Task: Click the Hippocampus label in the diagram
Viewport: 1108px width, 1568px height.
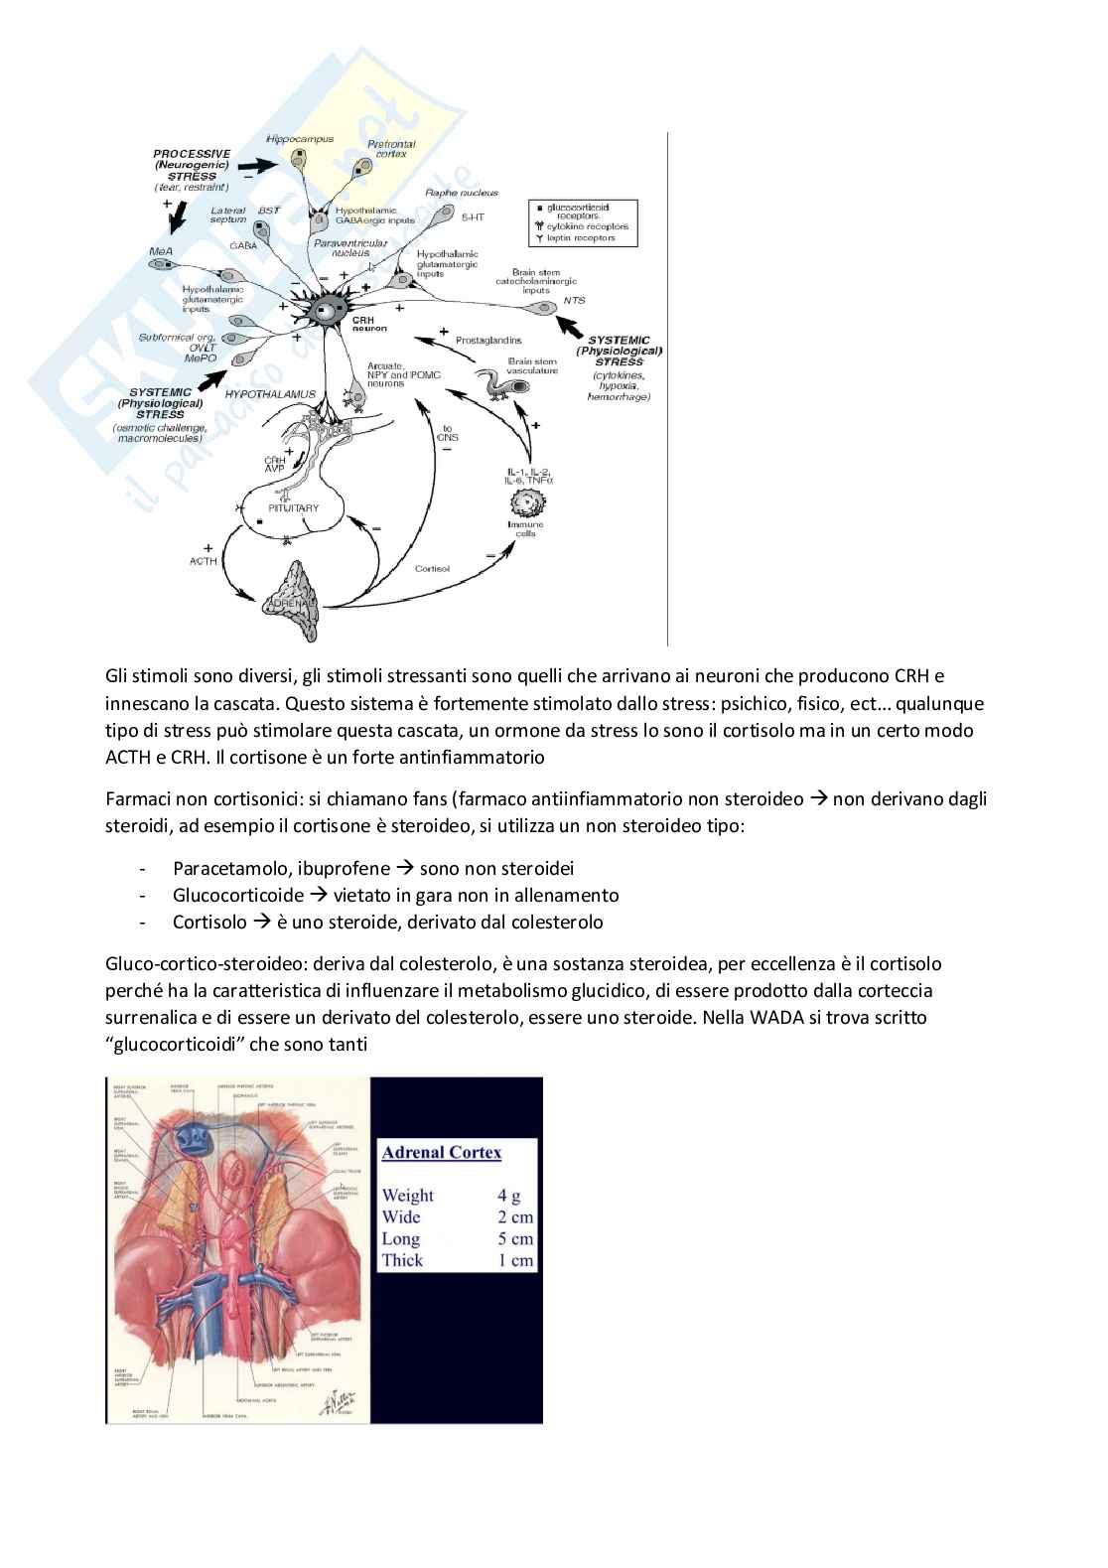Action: pyautogui.click(x=300, y=140)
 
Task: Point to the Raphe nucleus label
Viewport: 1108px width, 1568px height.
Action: pyautogui.click(x=462, y=193)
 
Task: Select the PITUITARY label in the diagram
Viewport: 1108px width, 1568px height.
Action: pyautogui.click(x=294, y=508)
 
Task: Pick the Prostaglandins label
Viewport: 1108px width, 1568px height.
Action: pyautogui.click(x=488, y=341)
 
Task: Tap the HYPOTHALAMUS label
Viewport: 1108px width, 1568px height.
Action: pyautogui.click(x=270, y=394)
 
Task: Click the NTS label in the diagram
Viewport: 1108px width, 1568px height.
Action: pyautogui.click(x=574, y=300)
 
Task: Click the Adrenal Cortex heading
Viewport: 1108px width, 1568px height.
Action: pyautogui.click(x=442, y=1153)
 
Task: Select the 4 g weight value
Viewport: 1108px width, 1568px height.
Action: pyautogui.click(x=508, y=1196)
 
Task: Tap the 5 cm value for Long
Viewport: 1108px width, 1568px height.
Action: pyautogui.click(x=515, y=1239)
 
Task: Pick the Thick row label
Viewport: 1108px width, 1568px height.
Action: pyautogui.click(x=402, y=1260)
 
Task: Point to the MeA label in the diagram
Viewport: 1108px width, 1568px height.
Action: pyautogui.click(x=160, y=252)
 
